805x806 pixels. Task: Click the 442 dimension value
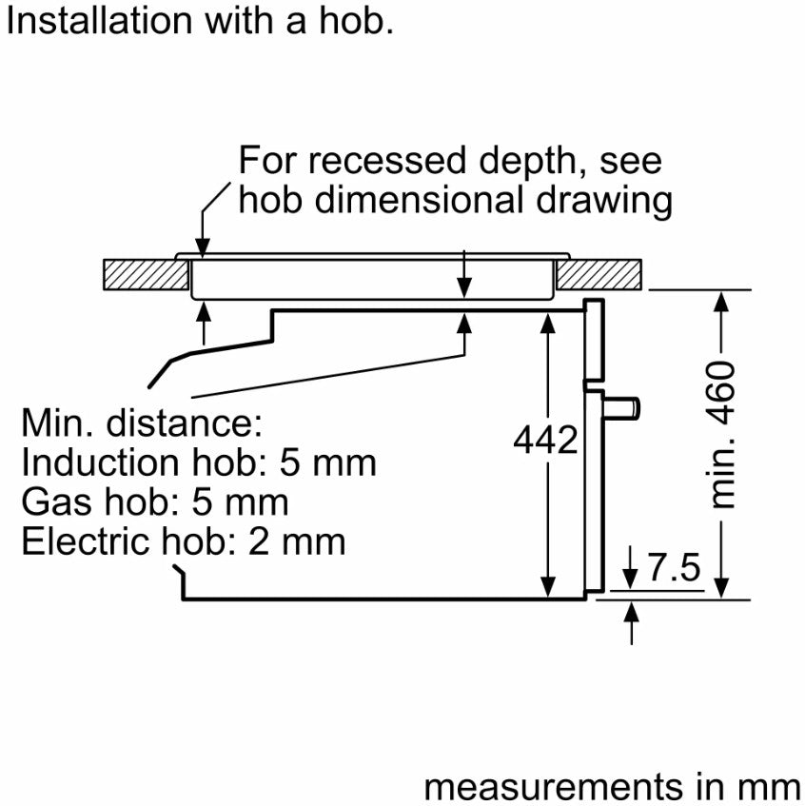545,440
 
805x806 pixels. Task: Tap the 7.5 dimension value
674,567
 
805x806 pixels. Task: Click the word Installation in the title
99,22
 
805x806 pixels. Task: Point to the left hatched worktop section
146,274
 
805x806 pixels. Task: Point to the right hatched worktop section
599,274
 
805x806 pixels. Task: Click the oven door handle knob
622,408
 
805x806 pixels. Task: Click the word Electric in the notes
87,541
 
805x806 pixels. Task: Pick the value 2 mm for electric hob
297,542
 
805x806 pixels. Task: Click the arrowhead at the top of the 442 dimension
548,323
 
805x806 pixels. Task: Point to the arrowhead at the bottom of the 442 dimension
548,587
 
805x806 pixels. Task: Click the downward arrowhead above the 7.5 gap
631,579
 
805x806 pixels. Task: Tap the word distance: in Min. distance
184,423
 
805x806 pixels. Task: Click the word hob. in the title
357,22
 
